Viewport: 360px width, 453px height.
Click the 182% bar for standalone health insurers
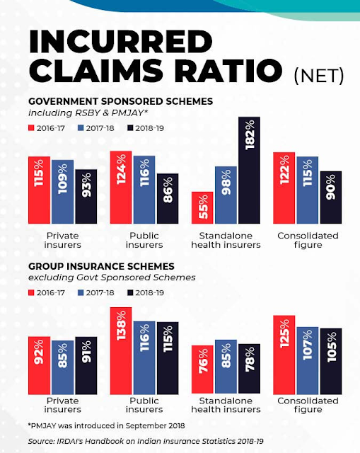coord(249,170)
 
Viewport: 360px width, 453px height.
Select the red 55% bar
coord(202,207)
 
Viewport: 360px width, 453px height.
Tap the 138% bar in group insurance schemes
coord(121,351)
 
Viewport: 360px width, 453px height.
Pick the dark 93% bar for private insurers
coord(86,197)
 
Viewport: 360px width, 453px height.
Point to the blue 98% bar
coord(226,195)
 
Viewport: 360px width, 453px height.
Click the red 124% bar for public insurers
coord(121,187)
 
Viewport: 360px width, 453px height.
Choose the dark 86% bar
coord(168,198)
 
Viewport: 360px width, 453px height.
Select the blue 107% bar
coord(308,360)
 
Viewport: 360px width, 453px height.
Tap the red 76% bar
coord(202,369)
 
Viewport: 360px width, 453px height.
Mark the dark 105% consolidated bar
coord(331,361)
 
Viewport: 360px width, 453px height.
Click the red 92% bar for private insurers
coord(40,365)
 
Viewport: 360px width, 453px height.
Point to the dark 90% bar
coord(331,197)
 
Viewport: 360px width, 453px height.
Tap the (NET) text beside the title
coord(319,76)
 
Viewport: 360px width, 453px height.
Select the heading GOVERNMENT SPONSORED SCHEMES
coord(121,101)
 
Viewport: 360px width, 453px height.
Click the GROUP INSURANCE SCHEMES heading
coord(101,266)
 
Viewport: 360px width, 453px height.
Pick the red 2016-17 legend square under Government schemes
coord(31,128)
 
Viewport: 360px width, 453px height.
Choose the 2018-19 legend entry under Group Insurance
coord(146,292)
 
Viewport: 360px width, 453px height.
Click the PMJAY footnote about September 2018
coord(107,425)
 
